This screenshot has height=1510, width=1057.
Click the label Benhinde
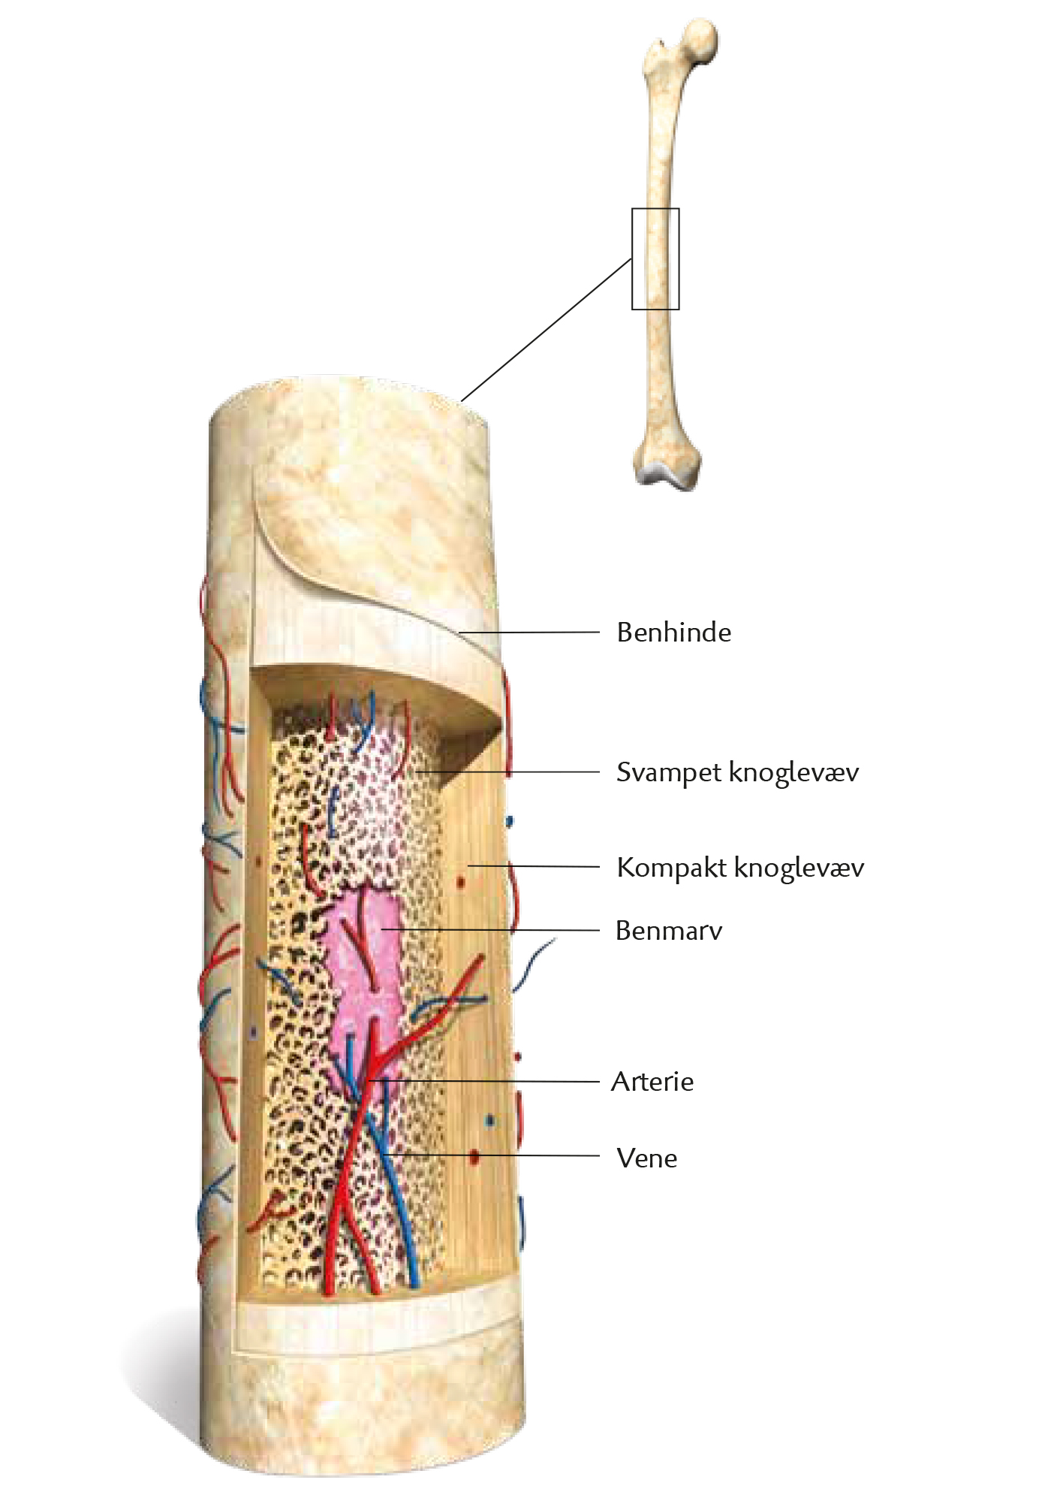673,633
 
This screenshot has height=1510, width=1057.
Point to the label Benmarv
669,931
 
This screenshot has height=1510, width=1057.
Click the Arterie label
652,1082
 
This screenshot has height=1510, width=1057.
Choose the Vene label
647,1158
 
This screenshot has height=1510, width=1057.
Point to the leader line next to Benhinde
529,633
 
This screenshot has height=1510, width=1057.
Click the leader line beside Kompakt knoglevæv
534,866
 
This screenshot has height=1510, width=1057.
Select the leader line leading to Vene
491,1155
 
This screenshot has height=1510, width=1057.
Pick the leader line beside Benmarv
491,930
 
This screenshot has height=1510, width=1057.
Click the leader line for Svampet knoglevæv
507,772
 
